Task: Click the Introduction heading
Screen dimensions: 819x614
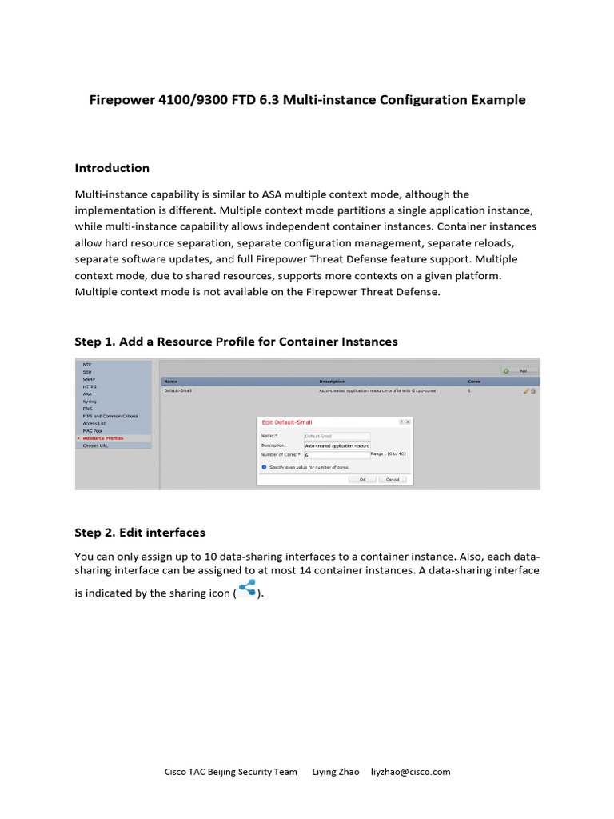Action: click(112, 168)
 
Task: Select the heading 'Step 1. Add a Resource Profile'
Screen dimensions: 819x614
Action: click(236, 342)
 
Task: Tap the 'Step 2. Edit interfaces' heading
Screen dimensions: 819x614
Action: click(140, 533)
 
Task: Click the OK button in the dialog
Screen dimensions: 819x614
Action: click(361, 479)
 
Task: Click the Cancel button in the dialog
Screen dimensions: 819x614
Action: click(393, 479)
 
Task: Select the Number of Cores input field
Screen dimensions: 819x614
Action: click(337, 454)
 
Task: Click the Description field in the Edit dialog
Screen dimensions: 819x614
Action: click(337, 445)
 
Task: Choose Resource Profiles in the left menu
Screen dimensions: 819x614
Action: click(103, 438)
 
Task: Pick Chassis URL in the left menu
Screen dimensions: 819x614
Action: click(95, 445)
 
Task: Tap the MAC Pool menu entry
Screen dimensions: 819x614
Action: click(92, 431)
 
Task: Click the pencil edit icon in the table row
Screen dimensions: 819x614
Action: click(526, 391)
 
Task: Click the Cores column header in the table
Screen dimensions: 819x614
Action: click(474, 382)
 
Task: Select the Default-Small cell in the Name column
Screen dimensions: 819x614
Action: click(177, 390)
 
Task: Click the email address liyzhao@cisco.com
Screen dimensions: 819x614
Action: click(410, 772)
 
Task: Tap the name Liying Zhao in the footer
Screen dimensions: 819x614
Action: click(336, 772)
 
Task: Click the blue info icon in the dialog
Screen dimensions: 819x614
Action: click(264, 466)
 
